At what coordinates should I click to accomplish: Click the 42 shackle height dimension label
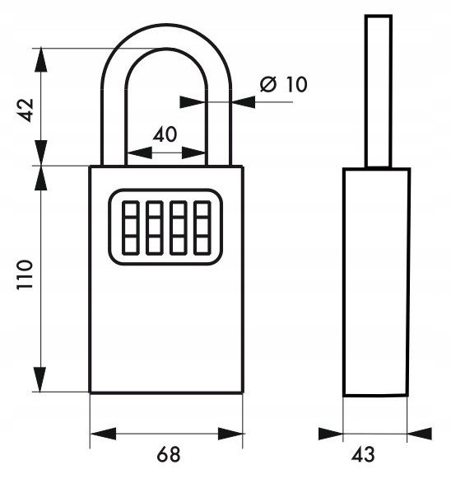[x=26, y=110]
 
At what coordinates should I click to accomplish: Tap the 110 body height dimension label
[x=25, y=275]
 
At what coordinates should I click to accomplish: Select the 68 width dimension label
[x=169, y=454]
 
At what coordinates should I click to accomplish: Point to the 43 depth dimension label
[x=363, y=454]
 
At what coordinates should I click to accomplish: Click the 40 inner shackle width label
[x=165, y=134]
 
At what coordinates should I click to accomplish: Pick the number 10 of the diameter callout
[x=295, y=84]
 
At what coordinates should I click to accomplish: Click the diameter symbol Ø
[x=268, y=84]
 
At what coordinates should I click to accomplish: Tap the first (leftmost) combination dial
[x=131, y=228]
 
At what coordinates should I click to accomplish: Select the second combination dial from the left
[x=154, y=228]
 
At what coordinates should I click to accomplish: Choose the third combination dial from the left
[x=178, y=228]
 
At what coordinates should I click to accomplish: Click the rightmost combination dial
[x=202, y=228]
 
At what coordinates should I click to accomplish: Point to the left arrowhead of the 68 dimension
[x=104, y=434]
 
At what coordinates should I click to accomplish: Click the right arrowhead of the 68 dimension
[x=230, y=434]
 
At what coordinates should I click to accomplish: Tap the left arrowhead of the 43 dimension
[x=331, y=434]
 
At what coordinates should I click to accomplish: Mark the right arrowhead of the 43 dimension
[x=420, y=434]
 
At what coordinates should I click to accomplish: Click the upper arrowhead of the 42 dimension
[x=41, y=60]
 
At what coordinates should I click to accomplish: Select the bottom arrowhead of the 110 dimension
[x=41, y=379]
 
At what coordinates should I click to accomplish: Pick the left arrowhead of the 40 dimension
[x=139, y=153]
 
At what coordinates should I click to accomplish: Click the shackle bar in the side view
[x=379, y=91]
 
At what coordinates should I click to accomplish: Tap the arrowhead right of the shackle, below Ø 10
[x=244, y=102]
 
